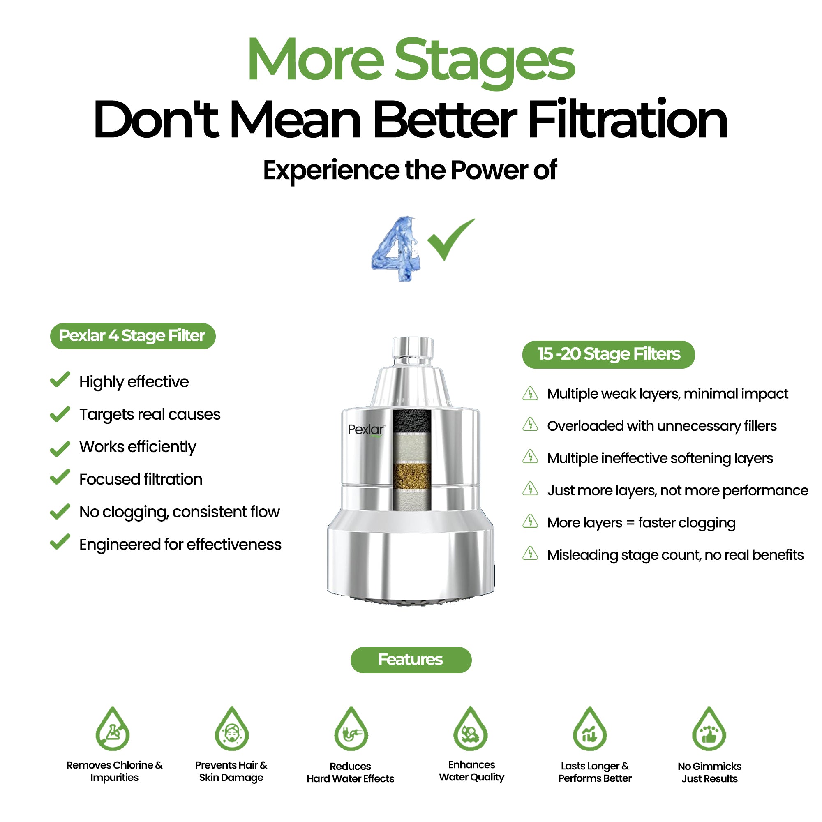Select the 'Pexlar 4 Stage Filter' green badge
pos(133,336)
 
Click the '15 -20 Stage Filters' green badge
pos(608,354)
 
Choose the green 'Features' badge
pos(411,660)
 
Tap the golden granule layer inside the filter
pos(411,476)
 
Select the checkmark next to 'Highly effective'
pos(60,379)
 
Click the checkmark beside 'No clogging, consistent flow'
pos(60,511)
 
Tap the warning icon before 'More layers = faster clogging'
pos(530,521)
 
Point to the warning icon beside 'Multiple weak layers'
pos(530,393)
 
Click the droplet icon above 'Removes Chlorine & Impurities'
pos(112,728)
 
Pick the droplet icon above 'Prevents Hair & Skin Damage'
pos(231,728)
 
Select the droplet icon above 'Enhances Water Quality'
pos(471,728)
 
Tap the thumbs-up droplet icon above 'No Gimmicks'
pos(709,728)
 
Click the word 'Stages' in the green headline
pos(485,62)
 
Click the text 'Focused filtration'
pos(141,480)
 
